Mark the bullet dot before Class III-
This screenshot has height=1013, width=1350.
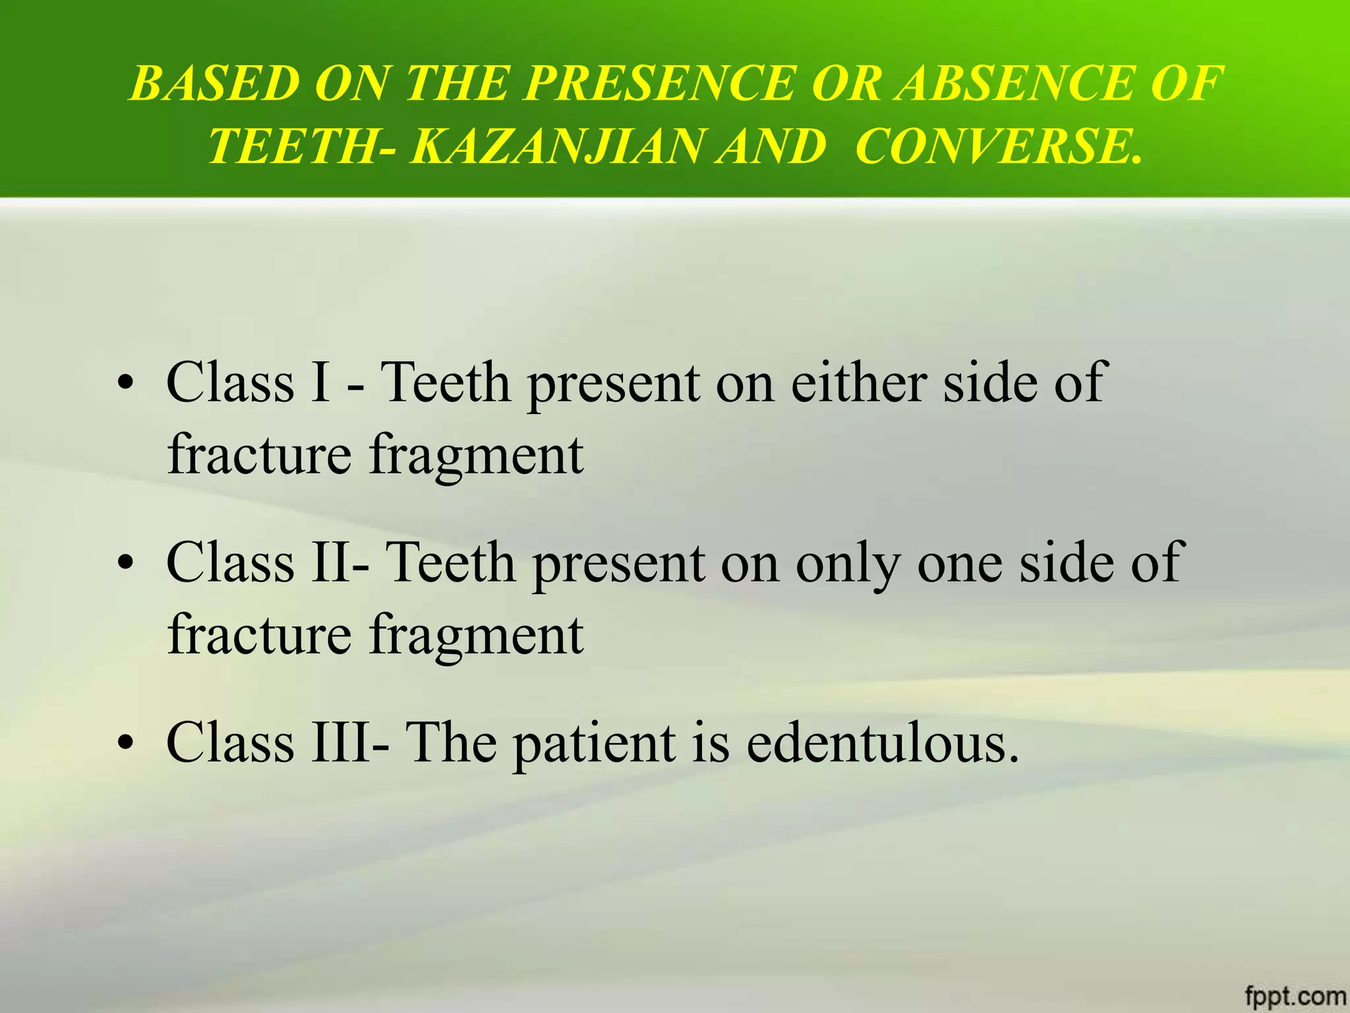pyautogui.click(x=125, y=745)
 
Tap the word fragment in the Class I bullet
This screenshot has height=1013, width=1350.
pyautogui.click(x=476, y=456)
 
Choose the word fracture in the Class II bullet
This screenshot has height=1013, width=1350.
pyautogui.click(x=259, y=634)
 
